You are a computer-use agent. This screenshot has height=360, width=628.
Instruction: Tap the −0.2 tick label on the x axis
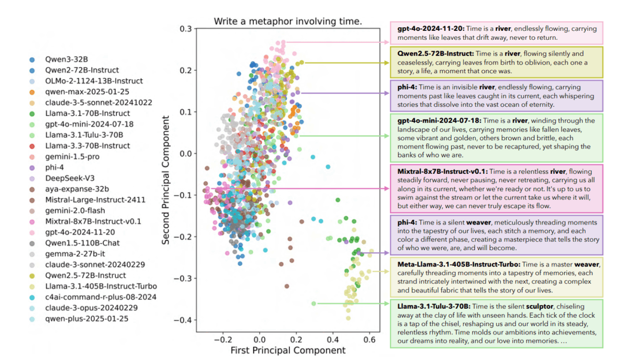point(222,338)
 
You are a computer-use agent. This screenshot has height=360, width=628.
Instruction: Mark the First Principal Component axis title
point(288,350)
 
